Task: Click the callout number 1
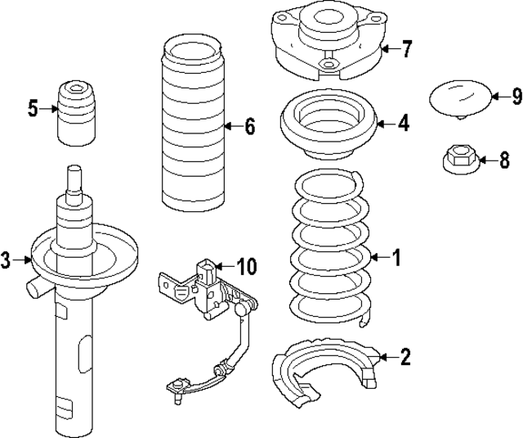pyautogui.click(x=396, y=258)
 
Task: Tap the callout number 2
pyautogui.click(x=405, y=356)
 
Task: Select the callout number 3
pyautogui.click(x=7, y=261)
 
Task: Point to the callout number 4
pyautogui.click(x=404, y=124)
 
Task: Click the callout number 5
pyautogui.click(x=33, y=108)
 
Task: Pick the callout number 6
pyautogui.click(x=249, y=126)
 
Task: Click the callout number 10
pyautogui.click(x=246, y=266)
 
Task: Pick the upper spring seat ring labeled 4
pyautogui.click(x=328, y=125)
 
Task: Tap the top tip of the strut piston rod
pyautogui.click(x=74, y=169)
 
